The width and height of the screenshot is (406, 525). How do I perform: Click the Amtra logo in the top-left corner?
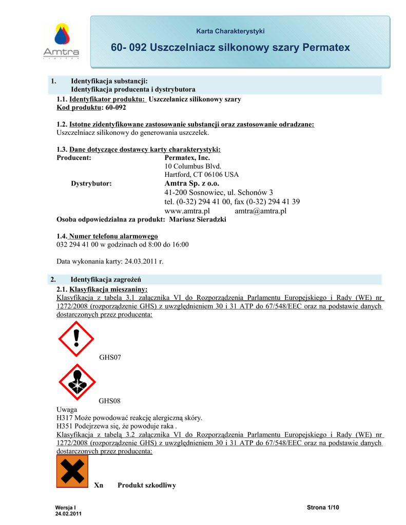click(61, 42)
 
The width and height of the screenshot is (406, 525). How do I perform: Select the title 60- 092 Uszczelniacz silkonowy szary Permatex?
click(230, 48)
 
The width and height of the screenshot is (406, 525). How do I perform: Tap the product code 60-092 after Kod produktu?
click(115, 108)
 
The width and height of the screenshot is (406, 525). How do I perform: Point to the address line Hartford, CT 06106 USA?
click(202, 174)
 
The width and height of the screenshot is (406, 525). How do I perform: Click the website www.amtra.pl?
click(187, 211)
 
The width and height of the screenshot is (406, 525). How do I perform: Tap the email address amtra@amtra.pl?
click(260, 211)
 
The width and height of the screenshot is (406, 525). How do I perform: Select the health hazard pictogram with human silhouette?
click(76, 382)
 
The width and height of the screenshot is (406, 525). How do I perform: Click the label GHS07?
click(110, 357)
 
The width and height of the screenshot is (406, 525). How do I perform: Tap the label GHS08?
click(110, 401)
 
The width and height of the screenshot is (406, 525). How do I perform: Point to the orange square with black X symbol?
click(72, 471)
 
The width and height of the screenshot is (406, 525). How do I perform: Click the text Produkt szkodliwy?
click(147, 485)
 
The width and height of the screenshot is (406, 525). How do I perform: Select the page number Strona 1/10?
click(323, 508)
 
